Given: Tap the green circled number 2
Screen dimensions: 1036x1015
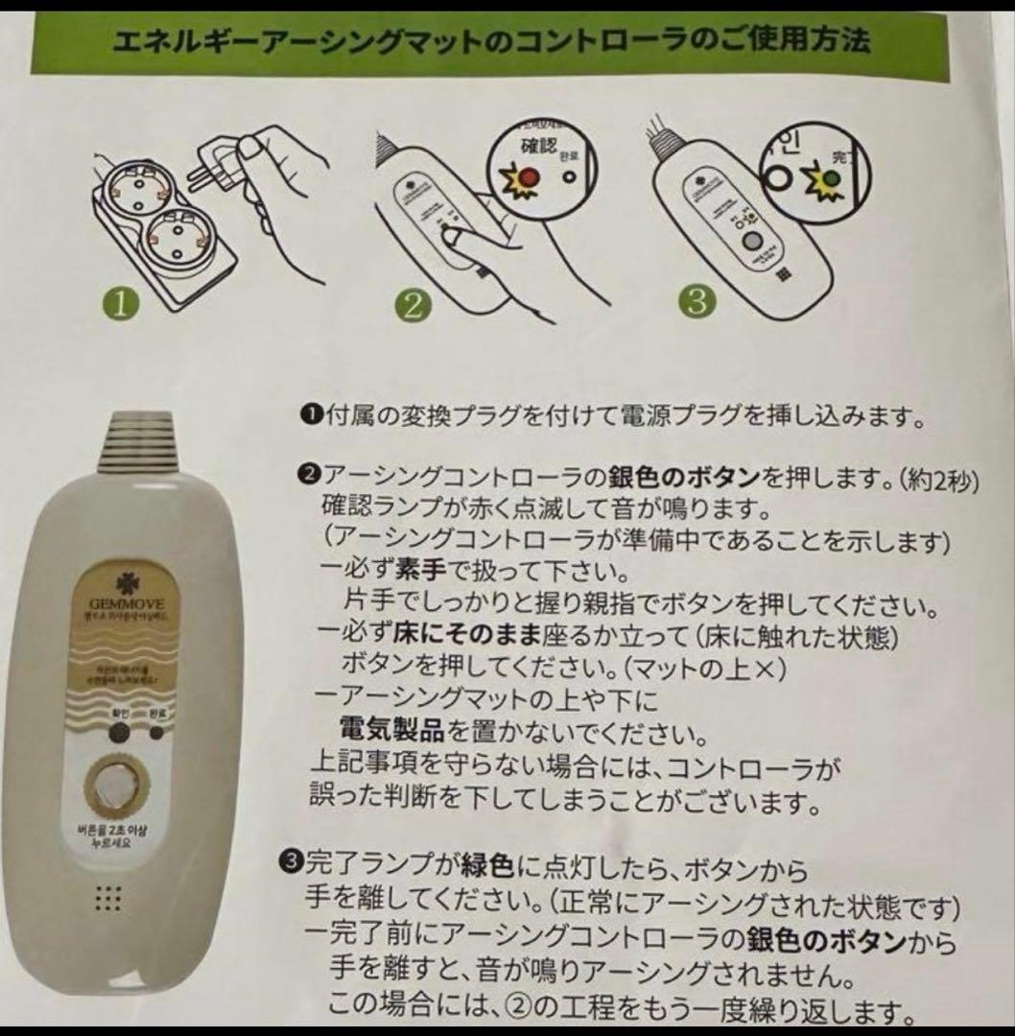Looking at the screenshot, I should pos(413,305).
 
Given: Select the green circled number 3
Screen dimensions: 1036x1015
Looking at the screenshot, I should pos(696,301).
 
